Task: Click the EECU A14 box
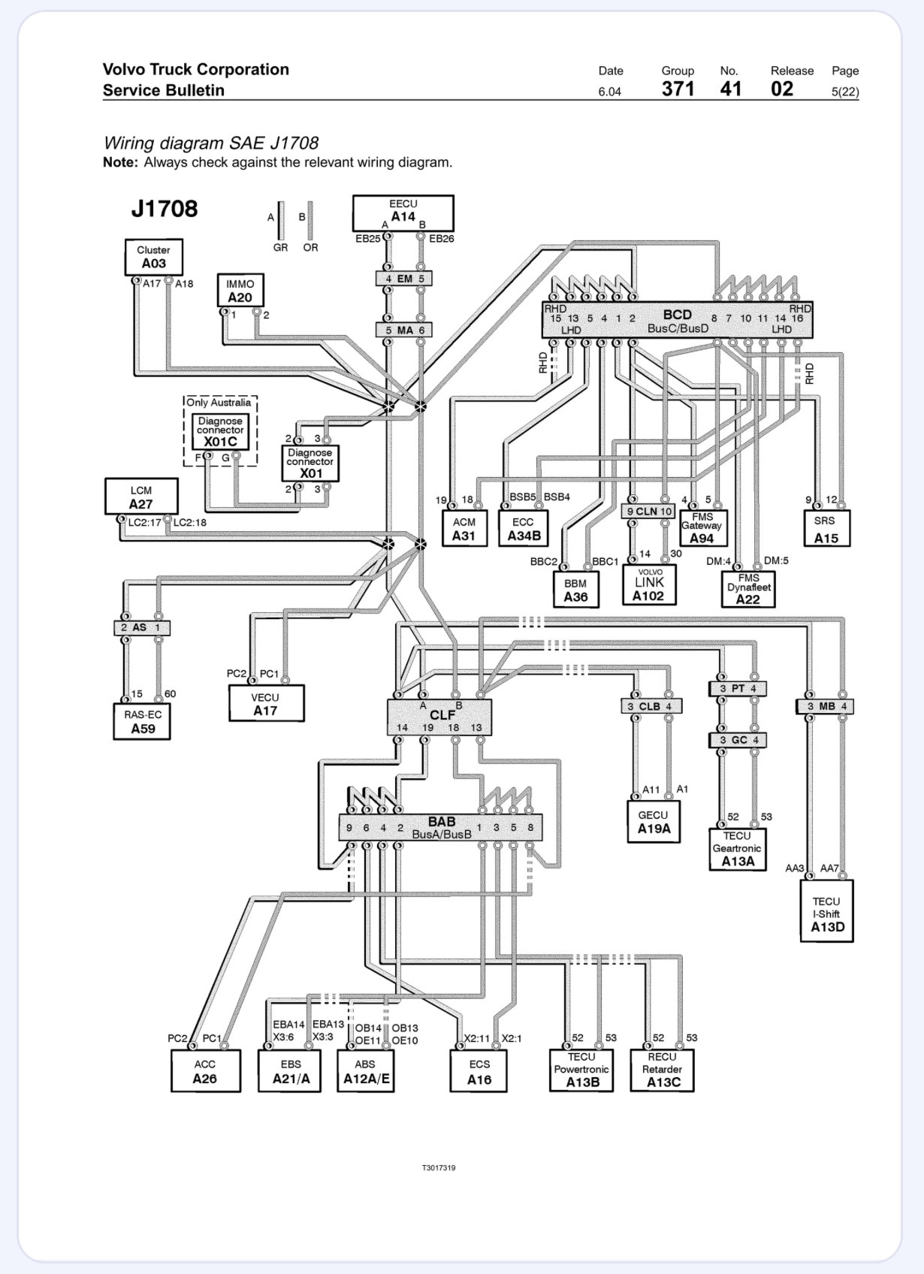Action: pyautogui.click(x=403, y=213)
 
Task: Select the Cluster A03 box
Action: pyautogui.click(x=153, y=257)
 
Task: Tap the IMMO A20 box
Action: pyautogui.click(x=240, y=291)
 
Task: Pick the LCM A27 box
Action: pyautogui.click(x=141, y=497)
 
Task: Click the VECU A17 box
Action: pyautogui.click(x=266, y=704)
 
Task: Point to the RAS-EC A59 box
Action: pyautogui.click(x=142, y=722)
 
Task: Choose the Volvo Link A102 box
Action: pyautogui.click(x=649, y=585)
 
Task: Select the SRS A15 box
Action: pyautogui.click(x=827, y=528)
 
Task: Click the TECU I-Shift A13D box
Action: pyautogui.click(x=827, y=911)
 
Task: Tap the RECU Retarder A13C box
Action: pyautogui.click(x=663, y=1070)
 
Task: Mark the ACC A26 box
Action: pyautogui.click(x=206, y=1071)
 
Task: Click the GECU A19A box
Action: pyautogui.click(x=654, y=822)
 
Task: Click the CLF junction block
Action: pyautogui.click(x=439, y=717)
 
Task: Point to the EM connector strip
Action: pyautogui.click(x=404, y=279)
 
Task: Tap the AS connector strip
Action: pyautogui.click(x=141, y=628)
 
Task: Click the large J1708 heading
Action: pyautogui.click(x=165, y=209)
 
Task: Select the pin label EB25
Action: pyautogui.click(x=368, y=239)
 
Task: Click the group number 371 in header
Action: pyautogui.click(x=678, y=89)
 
